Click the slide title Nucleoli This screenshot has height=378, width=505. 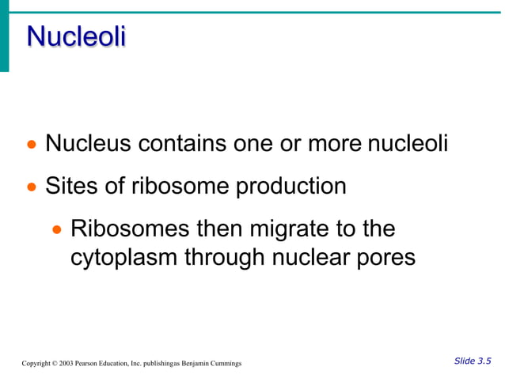pyautogui.click(x=76, y=36)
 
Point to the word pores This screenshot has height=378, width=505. pyautogui.click(x=384, y=259)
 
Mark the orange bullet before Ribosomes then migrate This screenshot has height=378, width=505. pyautogui.click(x=57, y=230)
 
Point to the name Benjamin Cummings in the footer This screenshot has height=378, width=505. pyautogui.click(x=213, y=363)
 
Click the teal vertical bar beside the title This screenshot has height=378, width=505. pyautogui.click(x=4, y=36)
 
